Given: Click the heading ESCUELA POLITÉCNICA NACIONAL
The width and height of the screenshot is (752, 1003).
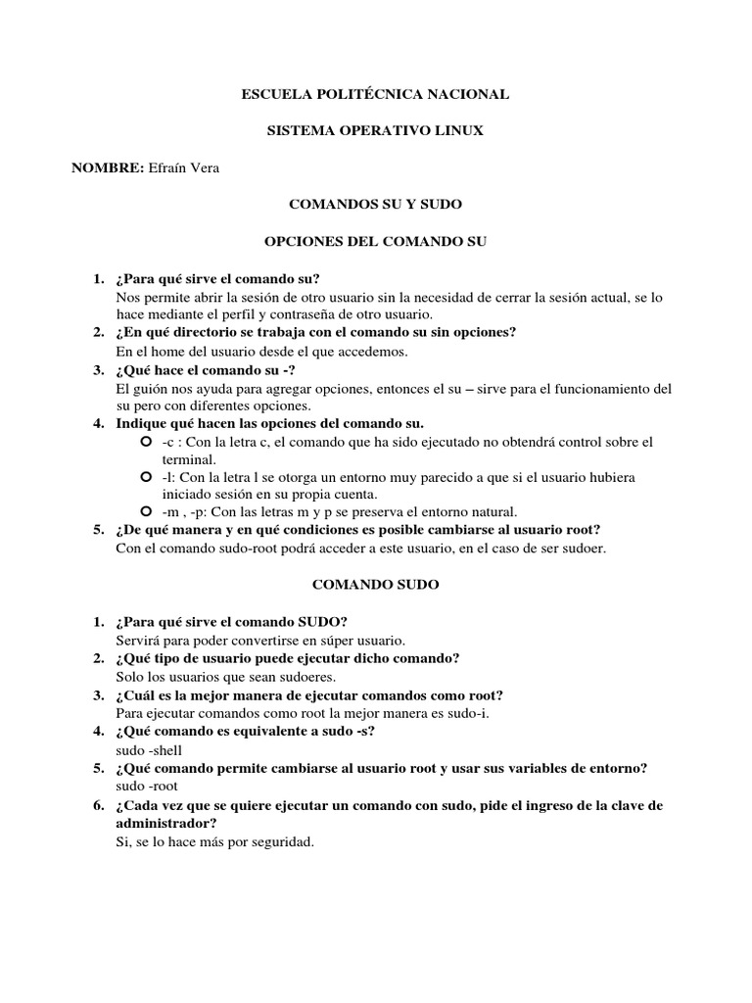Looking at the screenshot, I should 375,94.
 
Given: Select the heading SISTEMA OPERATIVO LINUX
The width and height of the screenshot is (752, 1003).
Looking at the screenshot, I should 375,131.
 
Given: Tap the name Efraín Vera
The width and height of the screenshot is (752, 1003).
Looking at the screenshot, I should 183,168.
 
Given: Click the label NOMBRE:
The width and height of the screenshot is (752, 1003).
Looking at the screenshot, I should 108,168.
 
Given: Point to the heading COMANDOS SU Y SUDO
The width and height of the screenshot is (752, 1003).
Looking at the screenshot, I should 375,205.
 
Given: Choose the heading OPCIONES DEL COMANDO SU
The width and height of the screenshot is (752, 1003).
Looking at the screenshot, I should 375,241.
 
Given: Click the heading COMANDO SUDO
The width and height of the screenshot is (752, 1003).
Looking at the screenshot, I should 375,585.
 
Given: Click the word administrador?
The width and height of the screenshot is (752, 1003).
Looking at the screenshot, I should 165,824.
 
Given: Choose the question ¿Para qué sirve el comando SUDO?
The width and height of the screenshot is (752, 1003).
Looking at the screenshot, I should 231,622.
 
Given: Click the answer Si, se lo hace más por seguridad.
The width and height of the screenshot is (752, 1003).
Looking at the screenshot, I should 214,841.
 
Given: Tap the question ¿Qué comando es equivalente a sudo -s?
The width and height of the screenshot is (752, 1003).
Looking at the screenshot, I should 246,732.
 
